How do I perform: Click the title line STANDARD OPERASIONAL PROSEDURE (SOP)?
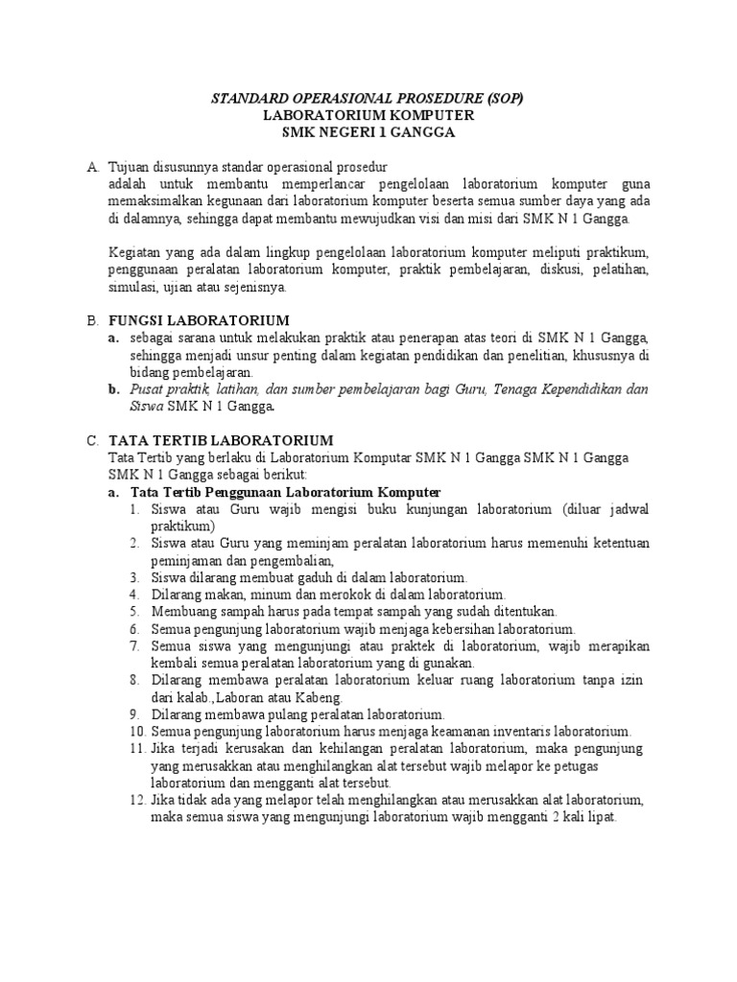click(x=368, y=99)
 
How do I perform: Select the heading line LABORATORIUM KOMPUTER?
click(x=368, y=115)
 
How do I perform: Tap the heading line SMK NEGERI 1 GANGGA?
click(x=368, y=132)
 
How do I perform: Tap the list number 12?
click(x=136, y=800)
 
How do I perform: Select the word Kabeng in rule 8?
click(x=320, y=697)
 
